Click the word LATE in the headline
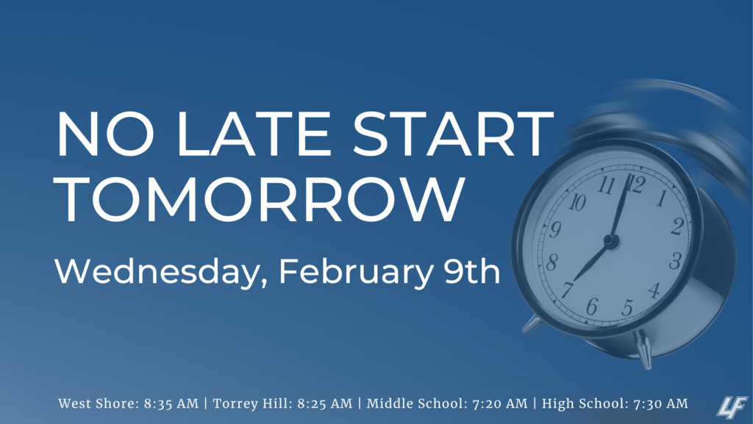254,134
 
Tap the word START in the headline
453,134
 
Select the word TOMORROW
260,199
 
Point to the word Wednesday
157,272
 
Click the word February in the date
356,272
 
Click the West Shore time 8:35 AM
171,404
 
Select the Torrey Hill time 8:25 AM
324,404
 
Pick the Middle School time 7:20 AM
500,404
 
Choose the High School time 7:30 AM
660,404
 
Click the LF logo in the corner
732,407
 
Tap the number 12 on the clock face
636,184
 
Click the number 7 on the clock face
568,290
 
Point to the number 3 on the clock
675,261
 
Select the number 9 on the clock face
555,230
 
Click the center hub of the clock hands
610,240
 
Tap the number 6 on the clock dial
592,306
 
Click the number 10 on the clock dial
577,203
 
